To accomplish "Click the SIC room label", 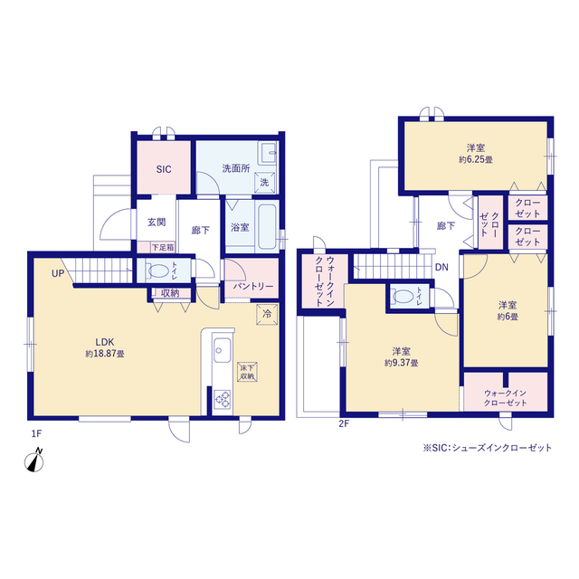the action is tap(164, 169).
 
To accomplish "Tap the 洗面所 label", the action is tap(236, 168).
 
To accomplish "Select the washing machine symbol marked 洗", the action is tap(264, 183).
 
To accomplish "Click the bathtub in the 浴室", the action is tap(268, 227).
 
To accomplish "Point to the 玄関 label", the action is tap(157, 223).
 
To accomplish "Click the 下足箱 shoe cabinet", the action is tap(163, 247).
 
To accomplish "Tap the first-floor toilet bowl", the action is tap(158, 271).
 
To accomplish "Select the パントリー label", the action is tap(253, 287).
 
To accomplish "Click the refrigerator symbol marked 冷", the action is tap(267, 315).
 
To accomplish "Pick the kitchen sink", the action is tap(223, 350).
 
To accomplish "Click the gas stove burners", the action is tap(223, 399).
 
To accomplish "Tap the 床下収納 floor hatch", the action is tap(247, 372).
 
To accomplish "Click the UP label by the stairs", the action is tap(58, 273).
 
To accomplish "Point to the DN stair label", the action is tap(441, 267).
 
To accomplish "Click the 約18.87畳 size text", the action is tap(105, 354).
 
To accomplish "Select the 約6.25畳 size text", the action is tap(476, 160).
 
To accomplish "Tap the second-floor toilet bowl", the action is tap(403, 297).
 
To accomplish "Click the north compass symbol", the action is tap(34, 460).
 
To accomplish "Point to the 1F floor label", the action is tap(36, 433).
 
